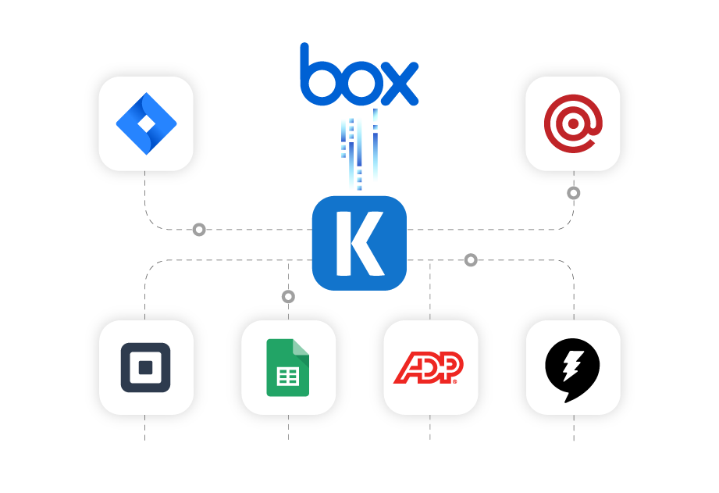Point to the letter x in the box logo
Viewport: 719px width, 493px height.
pos(399,81)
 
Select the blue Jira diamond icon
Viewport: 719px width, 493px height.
pos(146,123)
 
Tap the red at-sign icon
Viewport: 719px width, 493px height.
pos(572,123)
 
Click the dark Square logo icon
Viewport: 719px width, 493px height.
pos(145,367)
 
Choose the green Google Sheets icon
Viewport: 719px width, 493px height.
pos(288,367)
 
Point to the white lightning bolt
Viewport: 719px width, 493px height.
pos(574,364)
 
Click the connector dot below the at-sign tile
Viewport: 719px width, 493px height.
pos(574,193)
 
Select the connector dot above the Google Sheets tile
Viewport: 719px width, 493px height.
pos(288,297)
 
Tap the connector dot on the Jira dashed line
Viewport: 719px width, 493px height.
pos(199,230)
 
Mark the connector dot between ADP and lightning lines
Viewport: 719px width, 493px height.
pos(471,260)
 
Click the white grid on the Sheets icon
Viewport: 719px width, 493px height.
pos(287,376)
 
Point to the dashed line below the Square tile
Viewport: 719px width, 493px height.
pos(145,427)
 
